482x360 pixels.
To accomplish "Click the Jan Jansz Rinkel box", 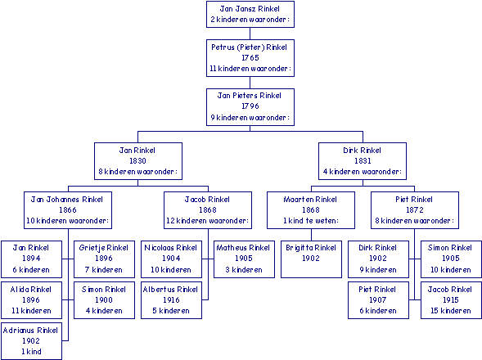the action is click(250, 14).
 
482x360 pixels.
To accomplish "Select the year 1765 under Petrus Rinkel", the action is click(250, 57).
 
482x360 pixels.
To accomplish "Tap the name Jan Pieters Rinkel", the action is click(250, 96).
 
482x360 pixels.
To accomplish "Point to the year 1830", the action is click(137, 160).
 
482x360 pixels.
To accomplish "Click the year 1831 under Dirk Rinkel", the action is click(363, 160).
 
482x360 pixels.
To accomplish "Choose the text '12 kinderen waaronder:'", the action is click(208, 220).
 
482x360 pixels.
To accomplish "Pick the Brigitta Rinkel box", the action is click(311, 259).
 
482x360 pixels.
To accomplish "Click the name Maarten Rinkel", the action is click(310, 200).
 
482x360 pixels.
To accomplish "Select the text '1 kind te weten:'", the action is click(311, 220).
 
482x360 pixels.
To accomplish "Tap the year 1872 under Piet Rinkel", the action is click(415, 209).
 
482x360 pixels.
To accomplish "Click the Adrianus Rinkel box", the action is click(31, 341).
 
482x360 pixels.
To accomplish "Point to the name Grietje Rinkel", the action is click(104, 248).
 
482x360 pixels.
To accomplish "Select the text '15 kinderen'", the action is click(451, 311).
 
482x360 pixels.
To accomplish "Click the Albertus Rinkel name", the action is click(170, 290).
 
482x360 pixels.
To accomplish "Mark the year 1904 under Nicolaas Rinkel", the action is click(171, 258).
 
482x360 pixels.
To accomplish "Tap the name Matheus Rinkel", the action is click(243, 248).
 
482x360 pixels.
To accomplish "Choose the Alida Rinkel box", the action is click(31, 300).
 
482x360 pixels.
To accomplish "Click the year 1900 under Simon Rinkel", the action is click(104, 299).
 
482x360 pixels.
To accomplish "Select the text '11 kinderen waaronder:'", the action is click(250, 68).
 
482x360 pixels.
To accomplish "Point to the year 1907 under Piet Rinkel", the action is click(378, 299).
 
